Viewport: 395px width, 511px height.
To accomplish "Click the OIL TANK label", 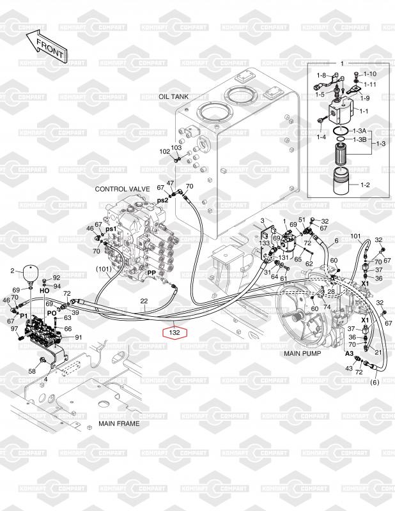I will (173, 96).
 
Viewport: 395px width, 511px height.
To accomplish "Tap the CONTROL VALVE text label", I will (122, 189).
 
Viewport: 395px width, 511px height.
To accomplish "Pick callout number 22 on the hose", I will (144, 301).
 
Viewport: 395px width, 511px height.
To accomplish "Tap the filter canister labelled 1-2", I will (339, 185).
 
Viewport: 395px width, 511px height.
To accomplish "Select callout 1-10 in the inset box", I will (369, 74).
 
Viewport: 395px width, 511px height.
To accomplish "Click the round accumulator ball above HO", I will (31, 272).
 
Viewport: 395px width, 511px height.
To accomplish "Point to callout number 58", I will (32, 370).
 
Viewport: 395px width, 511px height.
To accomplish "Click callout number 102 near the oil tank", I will (164, 151).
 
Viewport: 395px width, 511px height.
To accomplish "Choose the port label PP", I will (151, 273).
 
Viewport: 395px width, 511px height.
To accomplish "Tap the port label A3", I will (349, 353).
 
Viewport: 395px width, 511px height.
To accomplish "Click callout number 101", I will (355, 236).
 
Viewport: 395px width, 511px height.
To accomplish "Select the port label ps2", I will (163, 200).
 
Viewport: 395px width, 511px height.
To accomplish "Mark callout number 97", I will (14, 328).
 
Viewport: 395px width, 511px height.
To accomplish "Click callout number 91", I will (79, 337).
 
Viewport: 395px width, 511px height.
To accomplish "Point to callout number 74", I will (327, 307).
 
